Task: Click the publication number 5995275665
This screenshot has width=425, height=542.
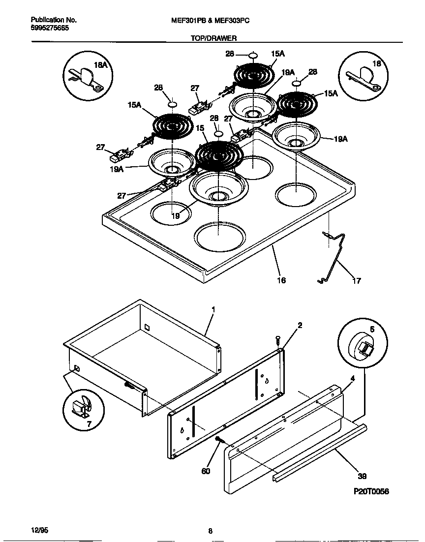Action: click(x=50, y=28)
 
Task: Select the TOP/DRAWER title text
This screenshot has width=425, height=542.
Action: click(x=213, y=38)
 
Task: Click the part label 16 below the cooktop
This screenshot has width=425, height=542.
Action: click(x=281, y=280)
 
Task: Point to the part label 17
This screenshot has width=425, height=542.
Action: click(x=357, y=281)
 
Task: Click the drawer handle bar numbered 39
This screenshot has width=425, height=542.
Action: click(x=320, y=452)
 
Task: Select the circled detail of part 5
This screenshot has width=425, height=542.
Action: click(x=363, y=345)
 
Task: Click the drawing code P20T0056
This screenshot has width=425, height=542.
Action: click(x=371, y=491)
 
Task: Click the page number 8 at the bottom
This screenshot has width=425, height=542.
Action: click(x=210, y=531)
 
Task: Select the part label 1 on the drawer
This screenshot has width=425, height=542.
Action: click(x=213, y=309)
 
